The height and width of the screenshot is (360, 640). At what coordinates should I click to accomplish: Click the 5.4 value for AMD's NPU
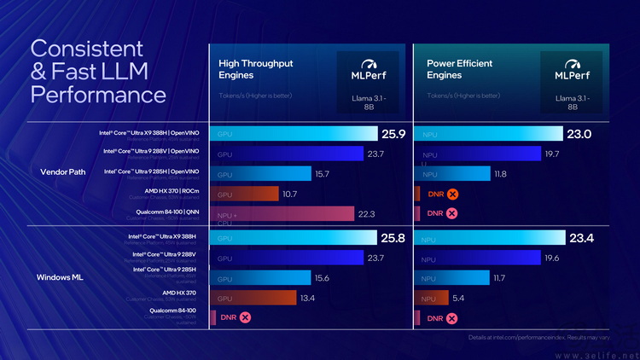point(458,299)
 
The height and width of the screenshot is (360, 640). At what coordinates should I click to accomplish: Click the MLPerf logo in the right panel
point(572,69)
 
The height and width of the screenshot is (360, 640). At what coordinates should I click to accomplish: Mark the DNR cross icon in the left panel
point(246,318)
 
